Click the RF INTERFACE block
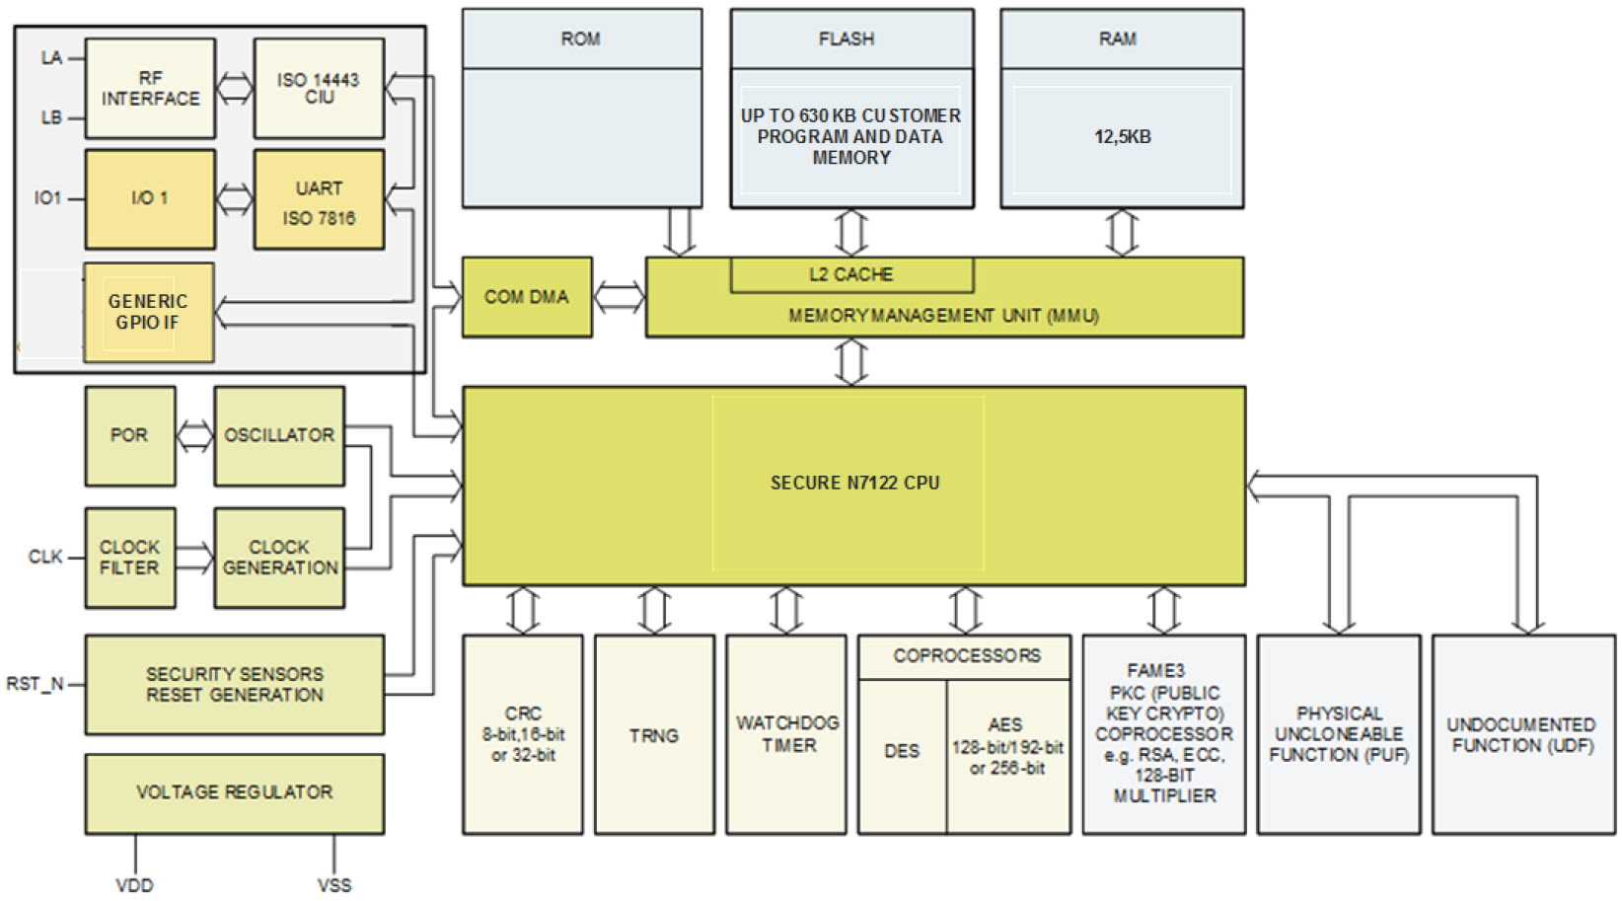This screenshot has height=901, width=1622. click(x=150, y=89)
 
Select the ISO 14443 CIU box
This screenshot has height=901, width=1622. click(x=319, y=89)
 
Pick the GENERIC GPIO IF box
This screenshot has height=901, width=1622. click(x=148, y=312)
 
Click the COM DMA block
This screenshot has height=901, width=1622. click(x=527, y=297)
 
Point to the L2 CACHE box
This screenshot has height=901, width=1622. click(x=851, y=274)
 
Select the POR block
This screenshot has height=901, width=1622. click(x=129, y=435)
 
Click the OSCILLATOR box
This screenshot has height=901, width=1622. click(x=279, y=435)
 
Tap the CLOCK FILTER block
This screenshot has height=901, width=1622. click(x=129, y=558)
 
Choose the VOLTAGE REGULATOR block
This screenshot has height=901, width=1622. click(x=234, y=792)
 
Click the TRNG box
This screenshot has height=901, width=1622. click(x=654, y=735)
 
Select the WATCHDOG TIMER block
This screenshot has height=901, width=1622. click(x=786, y=735)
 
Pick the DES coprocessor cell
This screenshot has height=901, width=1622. click(x=902, y=752)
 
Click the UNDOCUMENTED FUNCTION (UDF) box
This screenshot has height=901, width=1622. click(x=1522, y=735)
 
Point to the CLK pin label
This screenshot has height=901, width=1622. click(x=45, y=558)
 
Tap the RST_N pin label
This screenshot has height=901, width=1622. click(x=36, y=684)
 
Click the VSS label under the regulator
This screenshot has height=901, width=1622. click(x=334, y=885)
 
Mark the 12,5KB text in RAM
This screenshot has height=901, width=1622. click(x=1122, y=137)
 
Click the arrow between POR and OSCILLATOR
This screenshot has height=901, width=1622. click(x=194, y=435)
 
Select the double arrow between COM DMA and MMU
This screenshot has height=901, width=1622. click(x=619, y=297)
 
